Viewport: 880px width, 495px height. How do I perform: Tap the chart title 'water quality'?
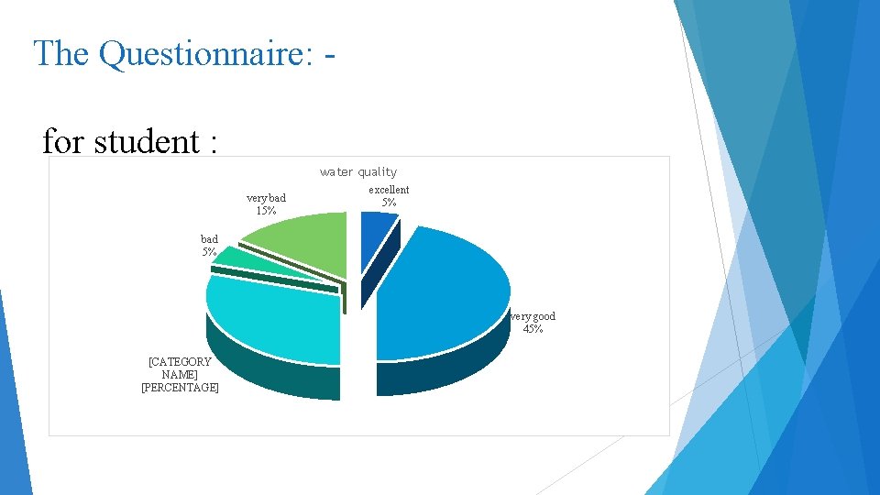click(358, 171)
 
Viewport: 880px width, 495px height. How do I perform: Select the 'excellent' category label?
click(389, 190)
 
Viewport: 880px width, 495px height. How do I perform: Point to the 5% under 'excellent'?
click(389, 203)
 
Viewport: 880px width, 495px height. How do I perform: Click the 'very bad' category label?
click(266, 198)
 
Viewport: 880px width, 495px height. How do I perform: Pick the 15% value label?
click(266, 211)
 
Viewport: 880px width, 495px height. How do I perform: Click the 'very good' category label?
click(533, 316)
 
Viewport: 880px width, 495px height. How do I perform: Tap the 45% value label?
click(533, 329)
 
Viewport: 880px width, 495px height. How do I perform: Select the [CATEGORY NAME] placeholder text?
click(180, 368)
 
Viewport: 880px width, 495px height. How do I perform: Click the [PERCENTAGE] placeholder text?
click(180, 388)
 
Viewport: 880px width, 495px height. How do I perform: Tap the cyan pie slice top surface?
click(275, 316)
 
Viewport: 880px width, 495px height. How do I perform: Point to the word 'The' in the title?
click(61, 53)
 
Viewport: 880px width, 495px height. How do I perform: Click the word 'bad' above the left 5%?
click(209, 239)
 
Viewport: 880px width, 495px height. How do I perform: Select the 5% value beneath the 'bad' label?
click(209, 252)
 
